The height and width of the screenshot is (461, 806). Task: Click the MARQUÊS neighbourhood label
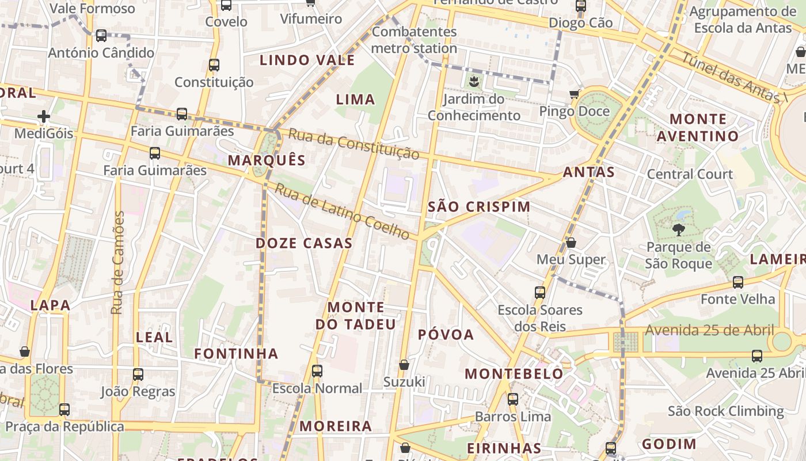click(x=267, y=160)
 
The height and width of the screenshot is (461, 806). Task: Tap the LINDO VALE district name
click(x=307, y=60)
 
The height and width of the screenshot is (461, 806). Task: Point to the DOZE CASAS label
click(x=304, y=243)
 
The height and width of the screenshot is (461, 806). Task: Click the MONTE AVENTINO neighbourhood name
click(x=698, y=128)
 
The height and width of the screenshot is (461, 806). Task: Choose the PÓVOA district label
click(x=446, y=335)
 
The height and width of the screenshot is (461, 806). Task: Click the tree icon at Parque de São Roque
click(x=678, y=230)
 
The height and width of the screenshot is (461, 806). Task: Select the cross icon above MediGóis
click(x=44, y=117)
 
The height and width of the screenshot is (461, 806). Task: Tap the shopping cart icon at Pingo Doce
click(x=574, y=94)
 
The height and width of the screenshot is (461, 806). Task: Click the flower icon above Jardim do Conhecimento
click(x=473, y=81)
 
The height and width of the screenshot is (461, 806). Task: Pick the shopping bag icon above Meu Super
click(x=571, y=243)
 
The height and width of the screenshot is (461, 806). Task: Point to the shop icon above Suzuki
click(x=404, y=365)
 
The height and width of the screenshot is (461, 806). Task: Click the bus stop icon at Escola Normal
click(x=317, y=371)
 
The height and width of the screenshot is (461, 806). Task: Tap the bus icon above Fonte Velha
click(x=737, y=282)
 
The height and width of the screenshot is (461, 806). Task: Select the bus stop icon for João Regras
click(x=138, y=375)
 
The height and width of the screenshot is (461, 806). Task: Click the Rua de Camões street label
click(x=118, y=263)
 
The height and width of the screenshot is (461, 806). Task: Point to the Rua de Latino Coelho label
click(x=341, y=211)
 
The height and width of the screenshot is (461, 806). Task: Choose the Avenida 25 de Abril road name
click(x=709, y=330)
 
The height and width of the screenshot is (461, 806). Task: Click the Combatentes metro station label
click(x=414, y=40)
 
